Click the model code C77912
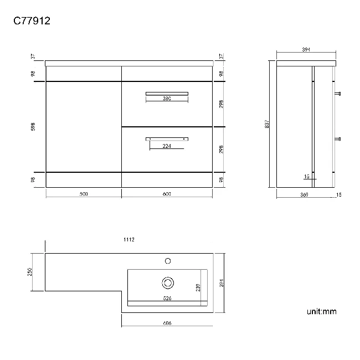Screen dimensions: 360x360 pos(33,22)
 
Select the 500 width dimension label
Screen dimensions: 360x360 pos(84,194)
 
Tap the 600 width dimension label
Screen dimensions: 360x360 pos(166,194)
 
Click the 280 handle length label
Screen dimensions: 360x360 pos(167,99)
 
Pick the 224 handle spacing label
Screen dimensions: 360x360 pos(167,146)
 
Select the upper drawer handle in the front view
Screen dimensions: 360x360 pos(167,93)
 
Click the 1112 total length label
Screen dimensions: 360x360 pos(130,240)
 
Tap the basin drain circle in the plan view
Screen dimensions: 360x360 pos(168,282)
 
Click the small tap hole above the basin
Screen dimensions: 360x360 pos(168,259)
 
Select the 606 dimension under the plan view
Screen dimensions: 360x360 pos(167,323)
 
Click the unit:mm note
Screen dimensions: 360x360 pos(321,312)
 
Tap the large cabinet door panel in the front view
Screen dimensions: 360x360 pos(83,127)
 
